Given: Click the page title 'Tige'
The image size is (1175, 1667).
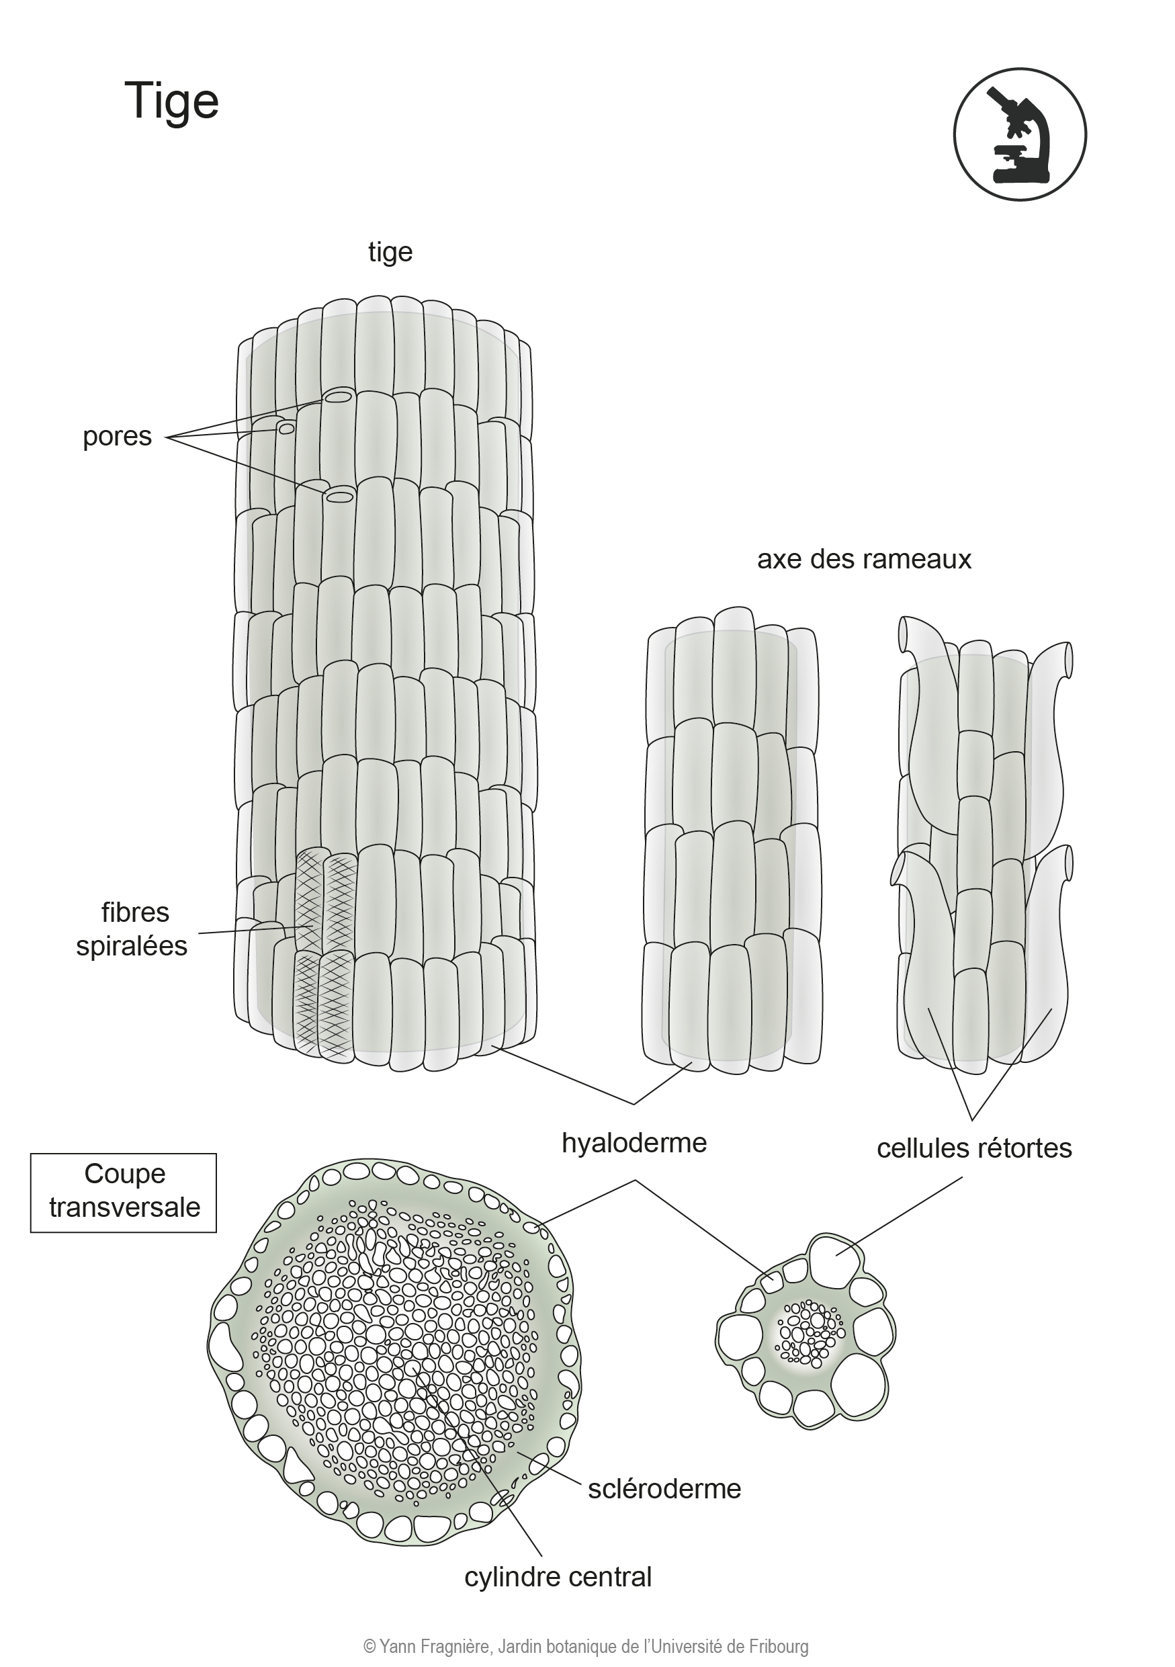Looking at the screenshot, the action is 171,101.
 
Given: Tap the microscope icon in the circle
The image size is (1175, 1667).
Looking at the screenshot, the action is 1020,134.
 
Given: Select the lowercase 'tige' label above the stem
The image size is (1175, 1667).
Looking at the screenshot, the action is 390,253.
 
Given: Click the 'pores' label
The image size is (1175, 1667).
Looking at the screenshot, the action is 117,437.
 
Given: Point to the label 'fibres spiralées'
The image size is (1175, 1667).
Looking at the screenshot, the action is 132,929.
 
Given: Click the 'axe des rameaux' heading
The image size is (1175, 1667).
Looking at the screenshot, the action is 864,559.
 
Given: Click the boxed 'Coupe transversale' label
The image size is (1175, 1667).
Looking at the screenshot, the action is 124,1191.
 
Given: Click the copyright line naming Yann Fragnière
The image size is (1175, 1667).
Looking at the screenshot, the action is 586,1646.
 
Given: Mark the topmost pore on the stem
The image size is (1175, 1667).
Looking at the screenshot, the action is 338,397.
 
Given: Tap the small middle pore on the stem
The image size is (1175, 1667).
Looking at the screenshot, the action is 287,429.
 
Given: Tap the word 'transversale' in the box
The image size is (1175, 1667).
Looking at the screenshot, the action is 124,1207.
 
